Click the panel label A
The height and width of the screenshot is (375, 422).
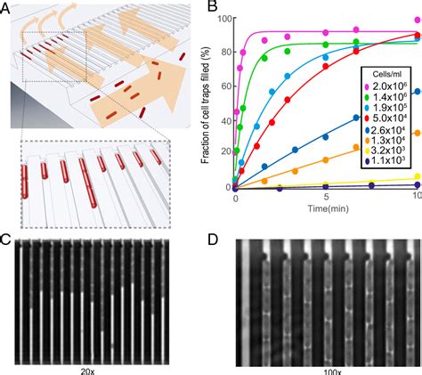coord(7,8)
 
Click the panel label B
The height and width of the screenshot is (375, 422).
coord(212,8)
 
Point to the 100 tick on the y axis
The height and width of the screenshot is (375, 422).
coord(222,19)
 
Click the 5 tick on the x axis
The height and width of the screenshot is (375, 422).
coord(327,196)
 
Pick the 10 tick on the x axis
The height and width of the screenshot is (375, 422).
coord(418,196)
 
